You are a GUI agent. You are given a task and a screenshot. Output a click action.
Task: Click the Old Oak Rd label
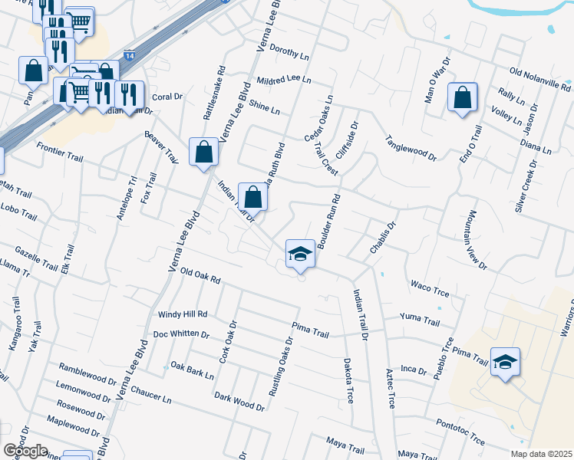(200, 276)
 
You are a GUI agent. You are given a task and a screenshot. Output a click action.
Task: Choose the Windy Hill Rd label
(183, 314)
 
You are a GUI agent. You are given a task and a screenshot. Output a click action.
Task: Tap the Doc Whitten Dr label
(181, 334)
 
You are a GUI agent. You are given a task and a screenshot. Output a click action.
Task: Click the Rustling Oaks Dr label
(279, 366)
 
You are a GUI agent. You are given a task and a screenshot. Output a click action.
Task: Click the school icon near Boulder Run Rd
(300, 254)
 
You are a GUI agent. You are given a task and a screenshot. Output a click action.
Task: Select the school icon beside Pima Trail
(505, 361)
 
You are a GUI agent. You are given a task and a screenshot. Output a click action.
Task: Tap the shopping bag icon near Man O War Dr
(462, 97)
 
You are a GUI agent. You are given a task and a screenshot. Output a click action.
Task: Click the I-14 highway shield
(130, 56)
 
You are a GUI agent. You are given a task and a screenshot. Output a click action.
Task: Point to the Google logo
(25, 451)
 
